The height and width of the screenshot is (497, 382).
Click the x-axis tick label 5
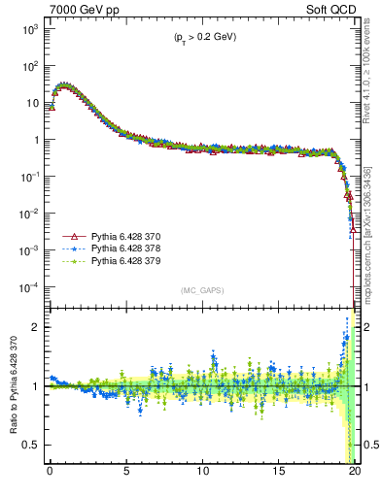[126, 472]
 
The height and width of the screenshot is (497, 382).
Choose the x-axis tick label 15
[279, 472]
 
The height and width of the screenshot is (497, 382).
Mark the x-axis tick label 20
[355, 472]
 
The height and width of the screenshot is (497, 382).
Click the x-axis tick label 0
[50, 472]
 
